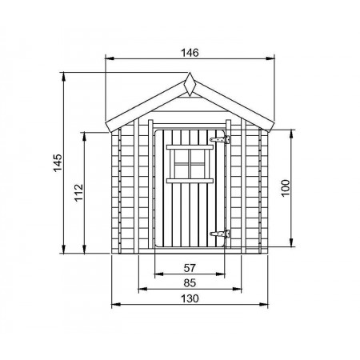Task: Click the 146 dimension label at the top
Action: pos(190,53)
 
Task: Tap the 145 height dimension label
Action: pos(58,162)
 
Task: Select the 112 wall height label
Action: pos(78,193)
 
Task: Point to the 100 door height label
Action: pos(286,188)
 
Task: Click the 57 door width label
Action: pos(190,268)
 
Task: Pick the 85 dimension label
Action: pos(190,282)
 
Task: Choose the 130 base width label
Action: pos(190,298)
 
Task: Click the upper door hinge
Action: pos(220,139)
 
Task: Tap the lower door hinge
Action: pos(220,234)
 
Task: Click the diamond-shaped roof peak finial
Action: pos(190,84)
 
